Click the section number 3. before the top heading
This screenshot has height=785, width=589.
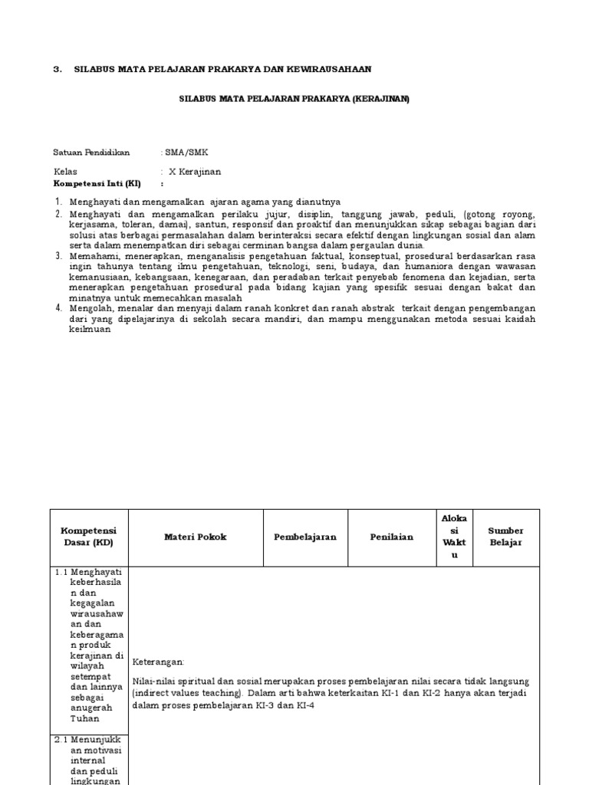pyautogui.click(x=57, y=69)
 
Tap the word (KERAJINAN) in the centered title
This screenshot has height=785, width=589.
pyautogui.click(x=381, y=98)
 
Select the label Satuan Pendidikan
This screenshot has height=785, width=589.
pyautogui.click(x=91, y=153)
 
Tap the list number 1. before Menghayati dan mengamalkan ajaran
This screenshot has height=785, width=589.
pyautogui.click(x=58, y=202)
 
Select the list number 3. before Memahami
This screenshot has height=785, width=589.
pyautogui.click(x=58, y=255)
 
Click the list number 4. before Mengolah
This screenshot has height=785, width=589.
pyautogui.click(x=58, y=308)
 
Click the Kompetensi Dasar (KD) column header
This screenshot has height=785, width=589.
pyautogui.click(x=89, y=537)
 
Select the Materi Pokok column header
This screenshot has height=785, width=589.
pyautogui.click(x=196, y=537)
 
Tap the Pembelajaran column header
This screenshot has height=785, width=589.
pyautogui.click(x=305, y=537)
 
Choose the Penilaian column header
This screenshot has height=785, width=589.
pyautogui.click(x=391, y=537)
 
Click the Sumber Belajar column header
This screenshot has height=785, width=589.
pyautogui.click(x=505, y=537)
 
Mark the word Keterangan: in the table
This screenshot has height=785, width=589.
pyautogui.click(x=159, y=662)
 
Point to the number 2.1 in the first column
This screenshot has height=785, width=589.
pyautogui.click(x=61, y=740)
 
